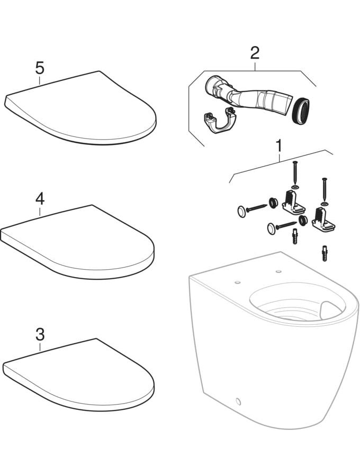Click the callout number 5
tap(40, 68)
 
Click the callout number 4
tap(40, 199)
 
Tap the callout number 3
tap(40, 335)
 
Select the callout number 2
tap(255, 53)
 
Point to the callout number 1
tap(278, 146)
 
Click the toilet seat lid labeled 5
tap(80, 108)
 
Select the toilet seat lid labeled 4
tap(78, 241)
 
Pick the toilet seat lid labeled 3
tap(78, 375)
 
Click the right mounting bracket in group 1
tap(322, 219)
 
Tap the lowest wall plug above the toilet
tap(325, 254)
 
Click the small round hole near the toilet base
tap(238, 401)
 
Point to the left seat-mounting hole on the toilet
tap(238, 282)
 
